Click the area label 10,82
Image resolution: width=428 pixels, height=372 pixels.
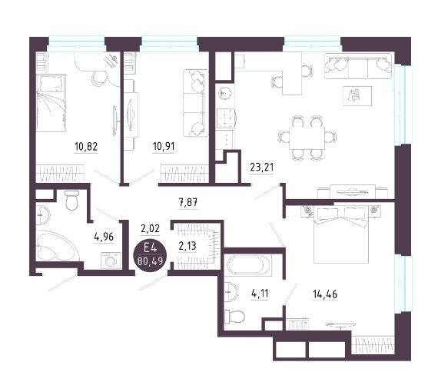pos(86,147)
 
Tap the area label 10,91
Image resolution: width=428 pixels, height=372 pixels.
pos(164,146)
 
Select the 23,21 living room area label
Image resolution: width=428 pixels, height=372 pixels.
pos(261,167)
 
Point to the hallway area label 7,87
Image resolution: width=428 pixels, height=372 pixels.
pos(187,203)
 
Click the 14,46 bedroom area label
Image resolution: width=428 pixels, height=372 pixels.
pos(325,294)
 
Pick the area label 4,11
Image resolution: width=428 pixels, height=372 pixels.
pos(260,294)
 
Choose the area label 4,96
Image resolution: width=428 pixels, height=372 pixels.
pos(104,237)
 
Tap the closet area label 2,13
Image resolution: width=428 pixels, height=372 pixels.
pos(187,246)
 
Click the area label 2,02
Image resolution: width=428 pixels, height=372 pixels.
pos(150,228)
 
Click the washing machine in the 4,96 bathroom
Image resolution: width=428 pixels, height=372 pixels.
pos(111,261)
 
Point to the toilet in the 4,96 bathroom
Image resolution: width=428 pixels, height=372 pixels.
pos(72,200)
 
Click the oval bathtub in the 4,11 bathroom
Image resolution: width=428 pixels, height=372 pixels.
pos(248,264)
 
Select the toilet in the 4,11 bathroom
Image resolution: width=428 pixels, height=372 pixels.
pos(234,317)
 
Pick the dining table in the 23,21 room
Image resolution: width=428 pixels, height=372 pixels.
pos(307,138)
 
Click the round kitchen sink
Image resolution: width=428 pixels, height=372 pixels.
pos(225,94)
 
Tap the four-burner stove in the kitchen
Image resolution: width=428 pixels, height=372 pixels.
pos(225,118)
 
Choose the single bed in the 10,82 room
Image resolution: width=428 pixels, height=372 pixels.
pos(51,103)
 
